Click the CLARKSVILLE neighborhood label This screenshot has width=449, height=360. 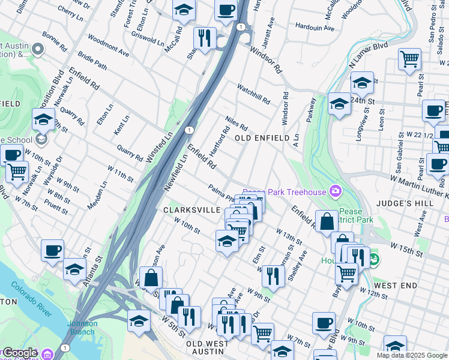[x=188, y=210]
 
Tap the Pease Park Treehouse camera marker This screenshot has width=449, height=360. [x=335, y=192]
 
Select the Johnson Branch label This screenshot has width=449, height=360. [x=82, y=328]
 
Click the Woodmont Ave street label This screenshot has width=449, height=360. [x=109, y=48]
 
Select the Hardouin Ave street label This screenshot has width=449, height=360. [x=315, y=28]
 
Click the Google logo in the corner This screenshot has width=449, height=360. [x=20, y=353]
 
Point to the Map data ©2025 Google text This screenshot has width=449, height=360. [x=412, y=355]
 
